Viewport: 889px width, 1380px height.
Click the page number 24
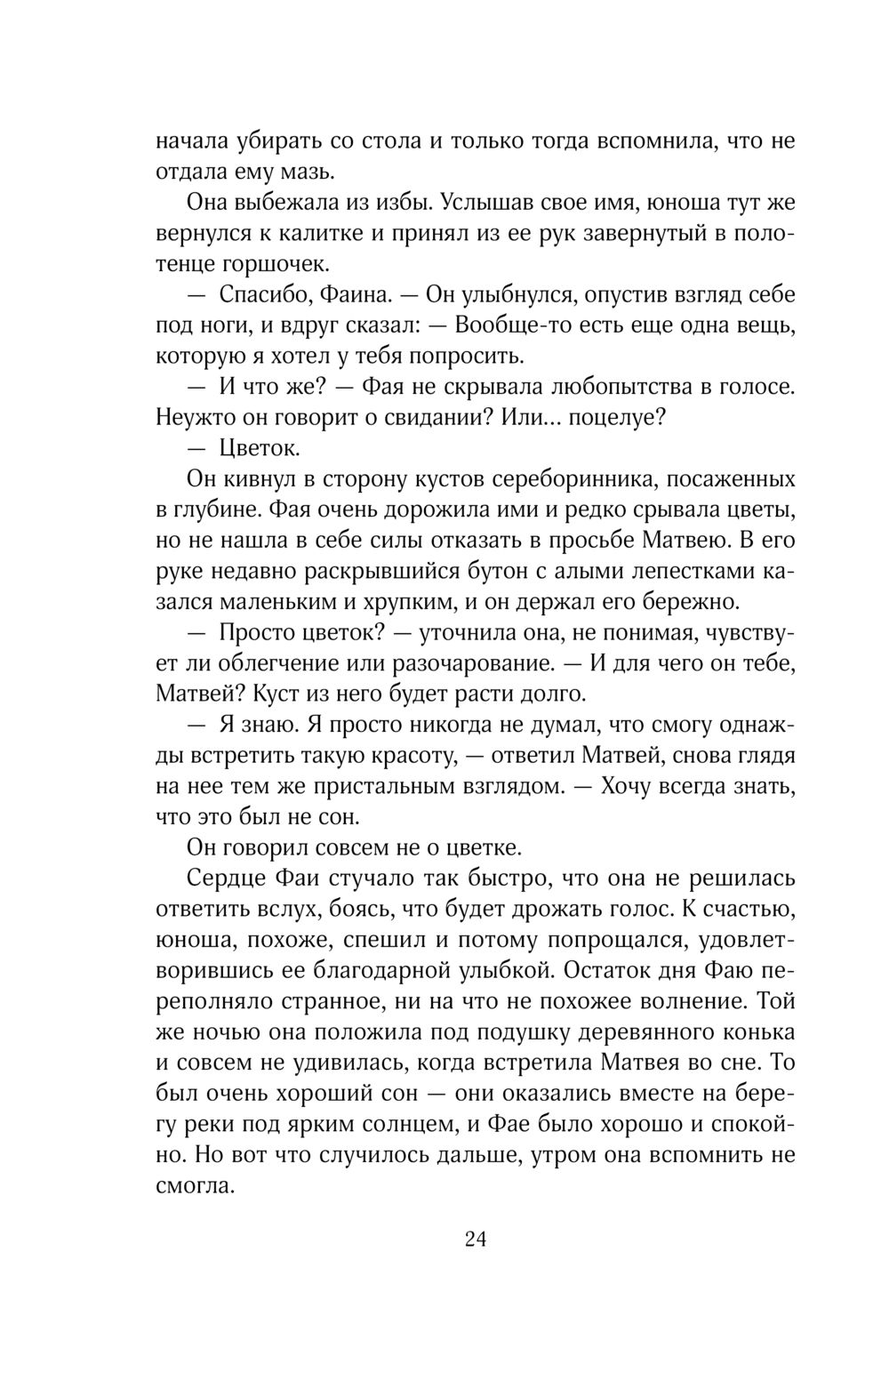(x=475, y=1240)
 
